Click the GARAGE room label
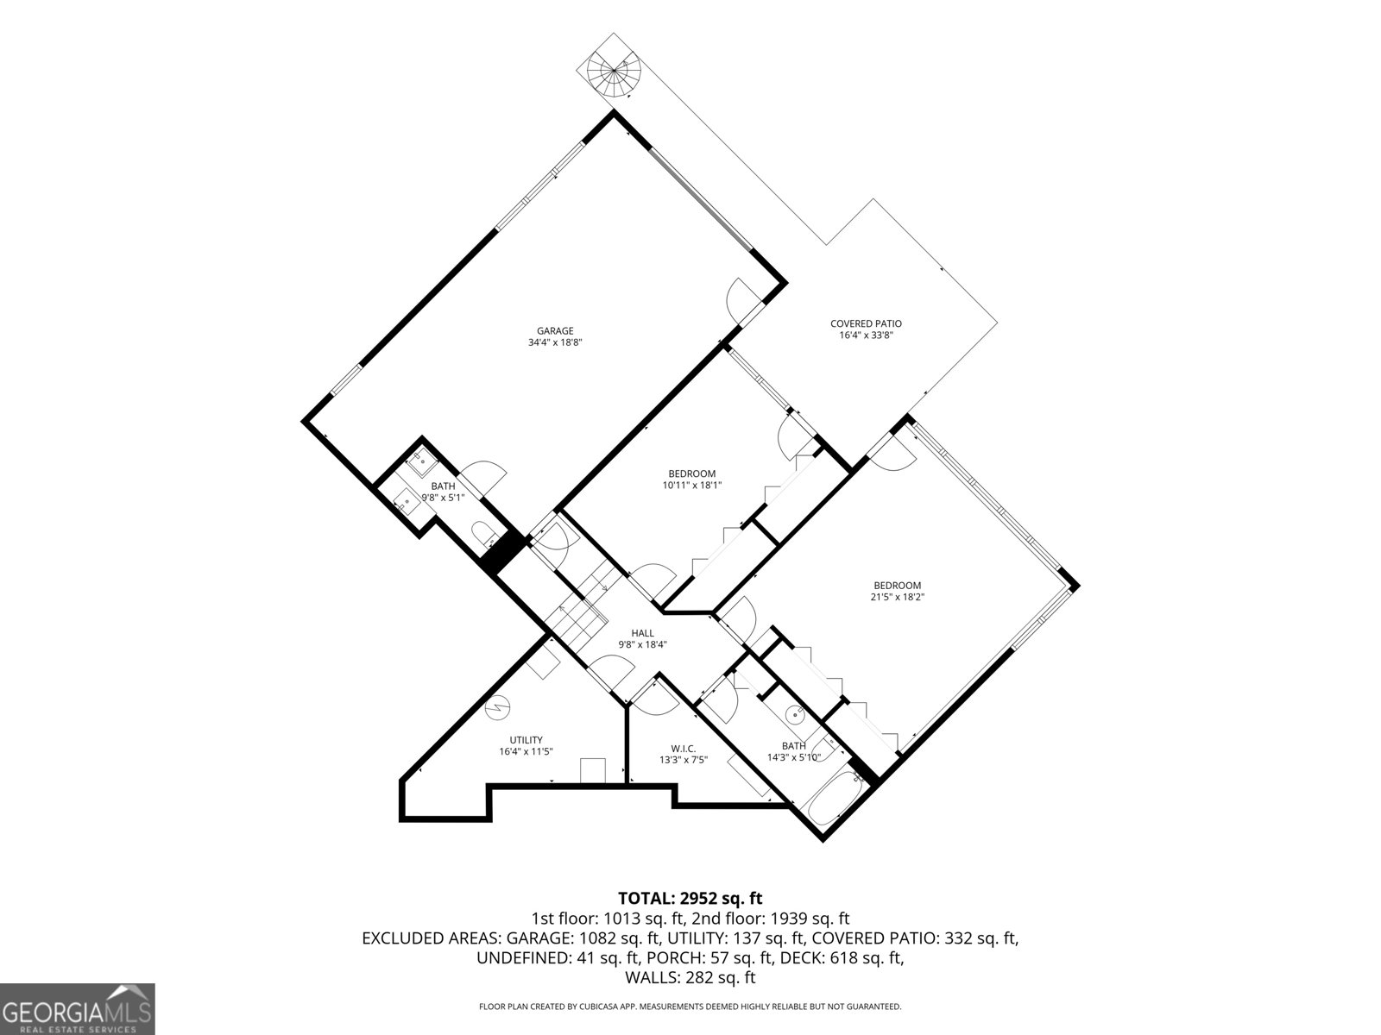[555, 330]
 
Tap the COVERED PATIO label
[866, 323]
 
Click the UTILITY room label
[526, 740]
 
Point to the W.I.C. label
[684, 749]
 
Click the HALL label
[642, 633]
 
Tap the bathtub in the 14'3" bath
[832, 800]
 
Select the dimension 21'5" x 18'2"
[897, 597]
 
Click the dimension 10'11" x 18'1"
[691, 485]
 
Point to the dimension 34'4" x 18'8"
[555, 342]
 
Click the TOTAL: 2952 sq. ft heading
[690, 898]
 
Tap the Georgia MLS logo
[77, 1008]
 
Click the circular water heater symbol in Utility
[498, 708]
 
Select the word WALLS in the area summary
[651, 977]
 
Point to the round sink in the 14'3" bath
[798, 714]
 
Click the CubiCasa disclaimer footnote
[690, 1007]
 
